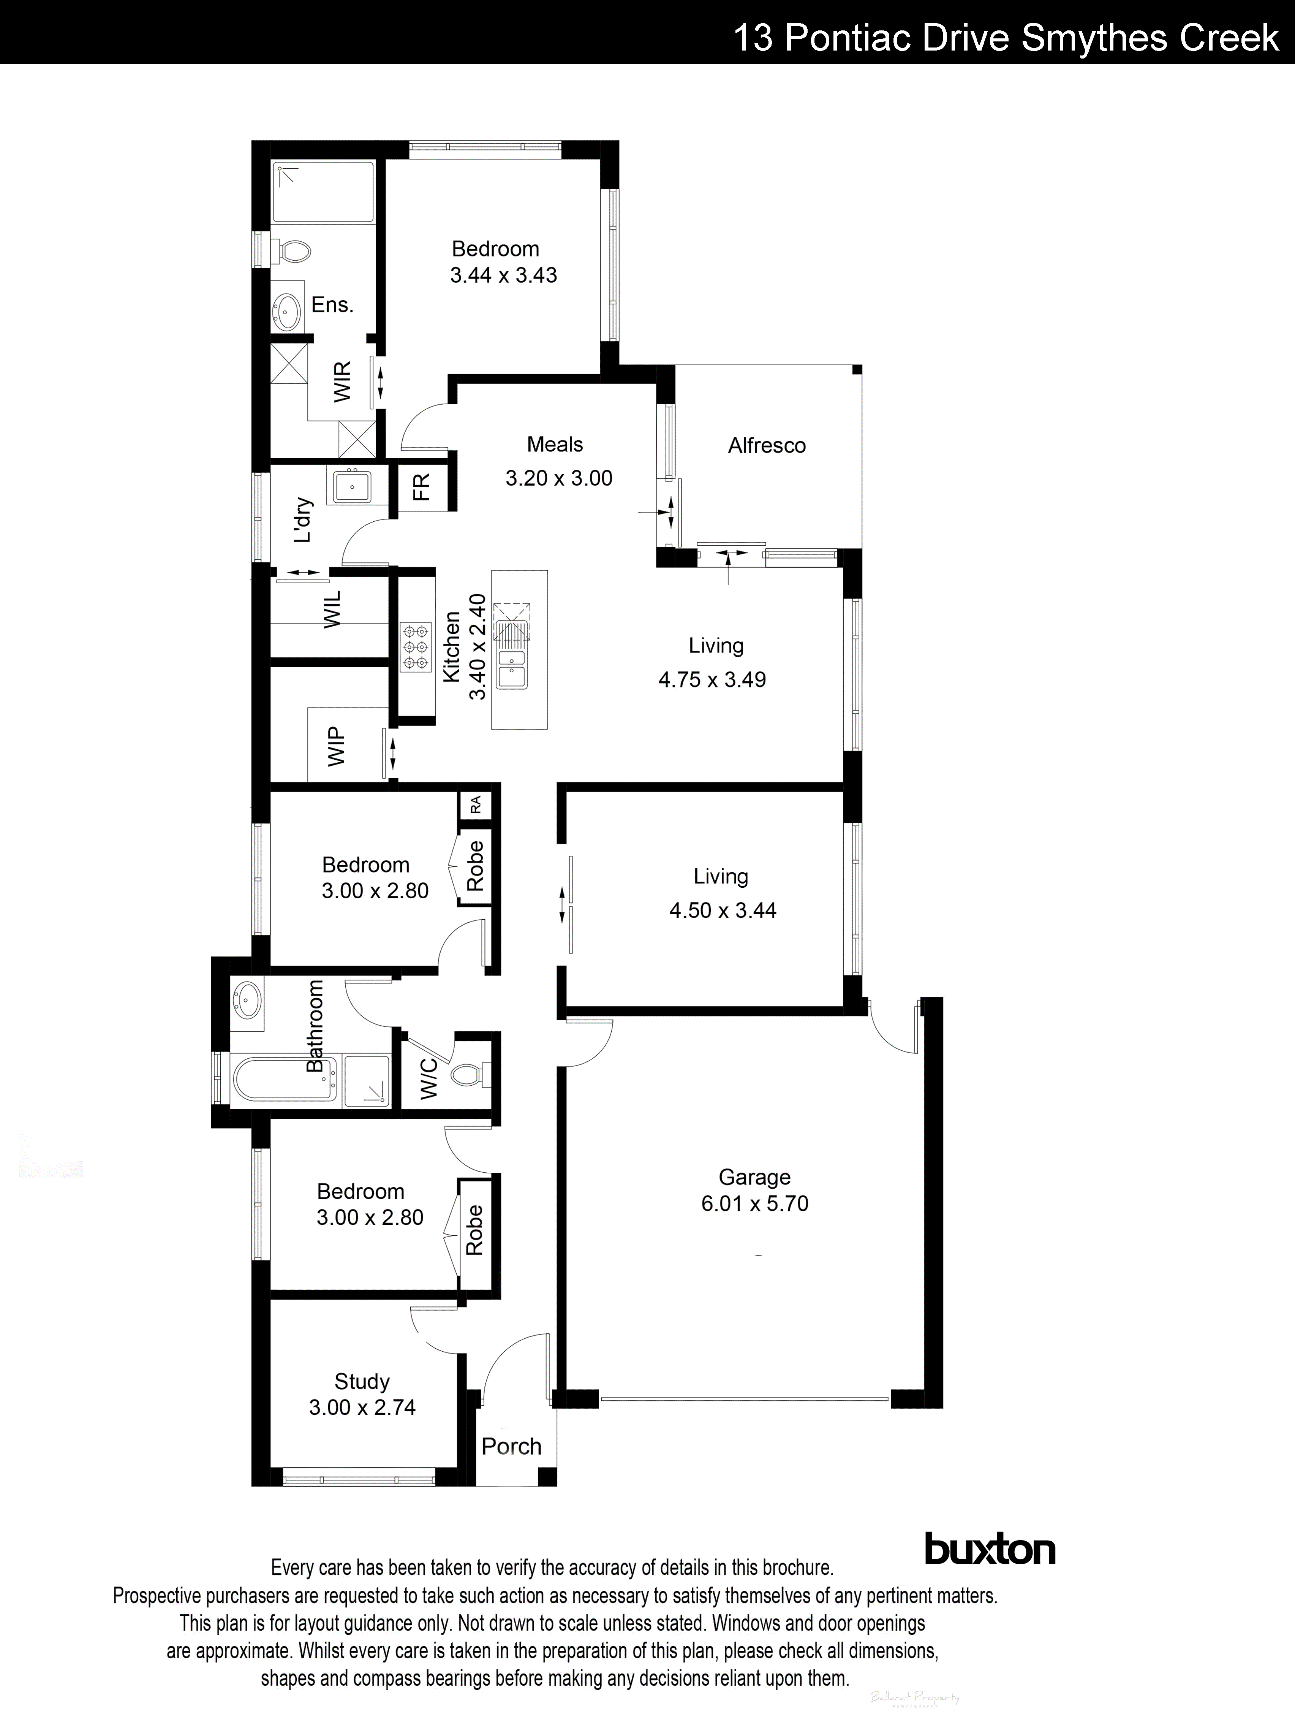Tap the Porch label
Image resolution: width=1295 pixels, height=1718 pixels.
click(511, 1446)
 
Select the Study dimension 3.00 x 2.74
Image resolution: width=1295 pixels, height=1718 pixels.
click(362, 1407)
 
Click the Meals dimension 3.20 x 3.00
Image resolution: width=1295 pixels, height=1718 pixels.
click(559, 478)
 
